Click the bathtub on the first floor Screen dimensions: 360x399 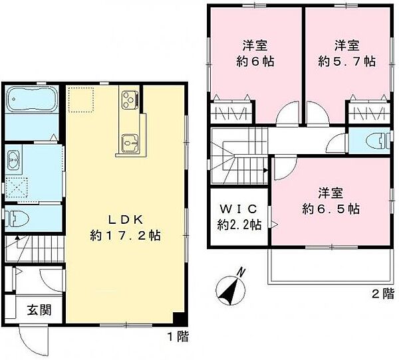pyautogui.click(x=33, y=102)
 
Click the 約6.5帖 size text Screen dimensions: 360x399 pyautogui.click(x=331, y=209)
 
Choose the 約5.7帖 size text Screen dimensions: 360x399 pyautogui.click(x=346, y=61)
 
